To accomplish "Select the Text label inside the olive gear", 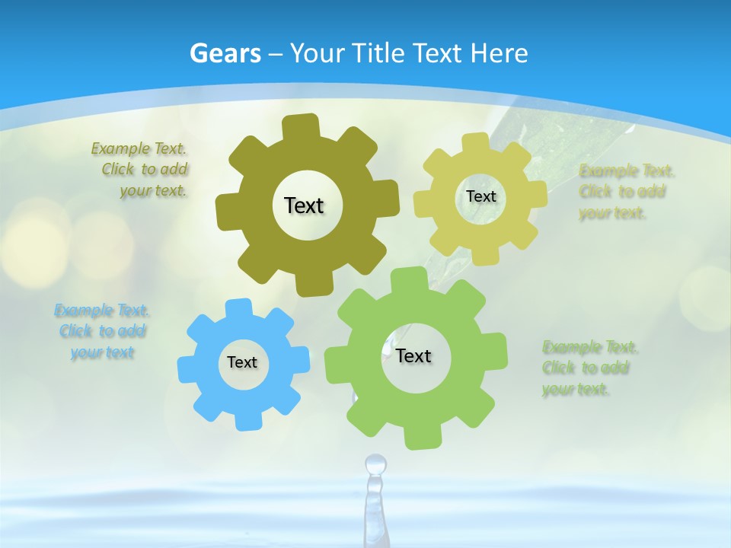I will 305,205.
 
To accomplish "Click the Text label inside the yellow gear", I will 480,196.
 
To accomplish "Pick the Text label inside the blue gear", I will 242,362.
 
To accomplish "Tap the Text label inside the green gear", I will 413,355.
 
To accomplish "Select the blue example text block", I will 102,331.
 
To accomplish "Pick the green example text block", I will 588,368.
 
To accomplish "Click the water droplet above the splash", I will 375,464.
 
